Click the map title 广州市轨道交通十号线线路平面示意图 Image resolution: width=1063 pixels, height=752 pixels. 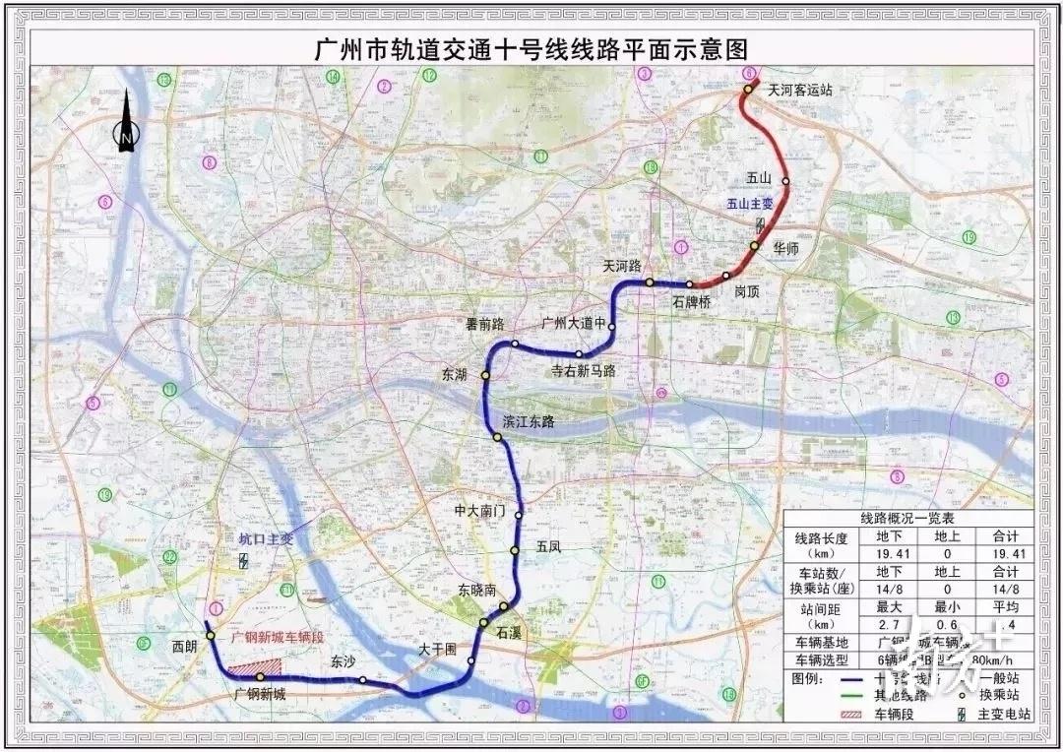tap(531, 48)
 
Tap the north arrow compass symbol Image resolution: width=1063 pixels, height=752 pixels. tap(127, 122)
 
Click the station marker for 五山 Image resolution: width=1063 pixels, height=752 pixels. tap(785, 181)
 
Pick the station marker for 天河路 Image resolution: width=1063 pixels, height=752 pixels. tap(650, 282)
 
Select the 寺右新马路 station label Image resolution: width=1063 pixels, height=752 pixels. tap(583, 371)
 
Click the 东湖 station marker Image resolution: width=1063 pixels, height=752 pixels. tap(485, 375)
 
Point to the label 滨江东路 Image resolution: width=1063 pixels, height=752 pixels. tap(529, 421)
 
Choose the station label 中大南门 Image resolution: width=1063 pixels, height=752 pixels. tap(479, 512)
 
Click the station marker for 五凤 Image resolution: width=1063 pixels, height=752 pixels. tap(515, 550)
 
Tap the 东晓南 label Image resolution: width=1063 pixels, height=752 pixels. tap(478, 591)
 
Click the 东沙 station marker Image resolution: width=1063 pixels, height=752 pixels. tap(363, 680)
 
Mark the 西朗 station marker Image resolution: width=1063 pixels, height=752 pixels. tap(210, 636)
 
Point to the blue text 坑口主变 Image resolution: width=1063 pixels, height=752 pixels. tap(266, 538)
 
